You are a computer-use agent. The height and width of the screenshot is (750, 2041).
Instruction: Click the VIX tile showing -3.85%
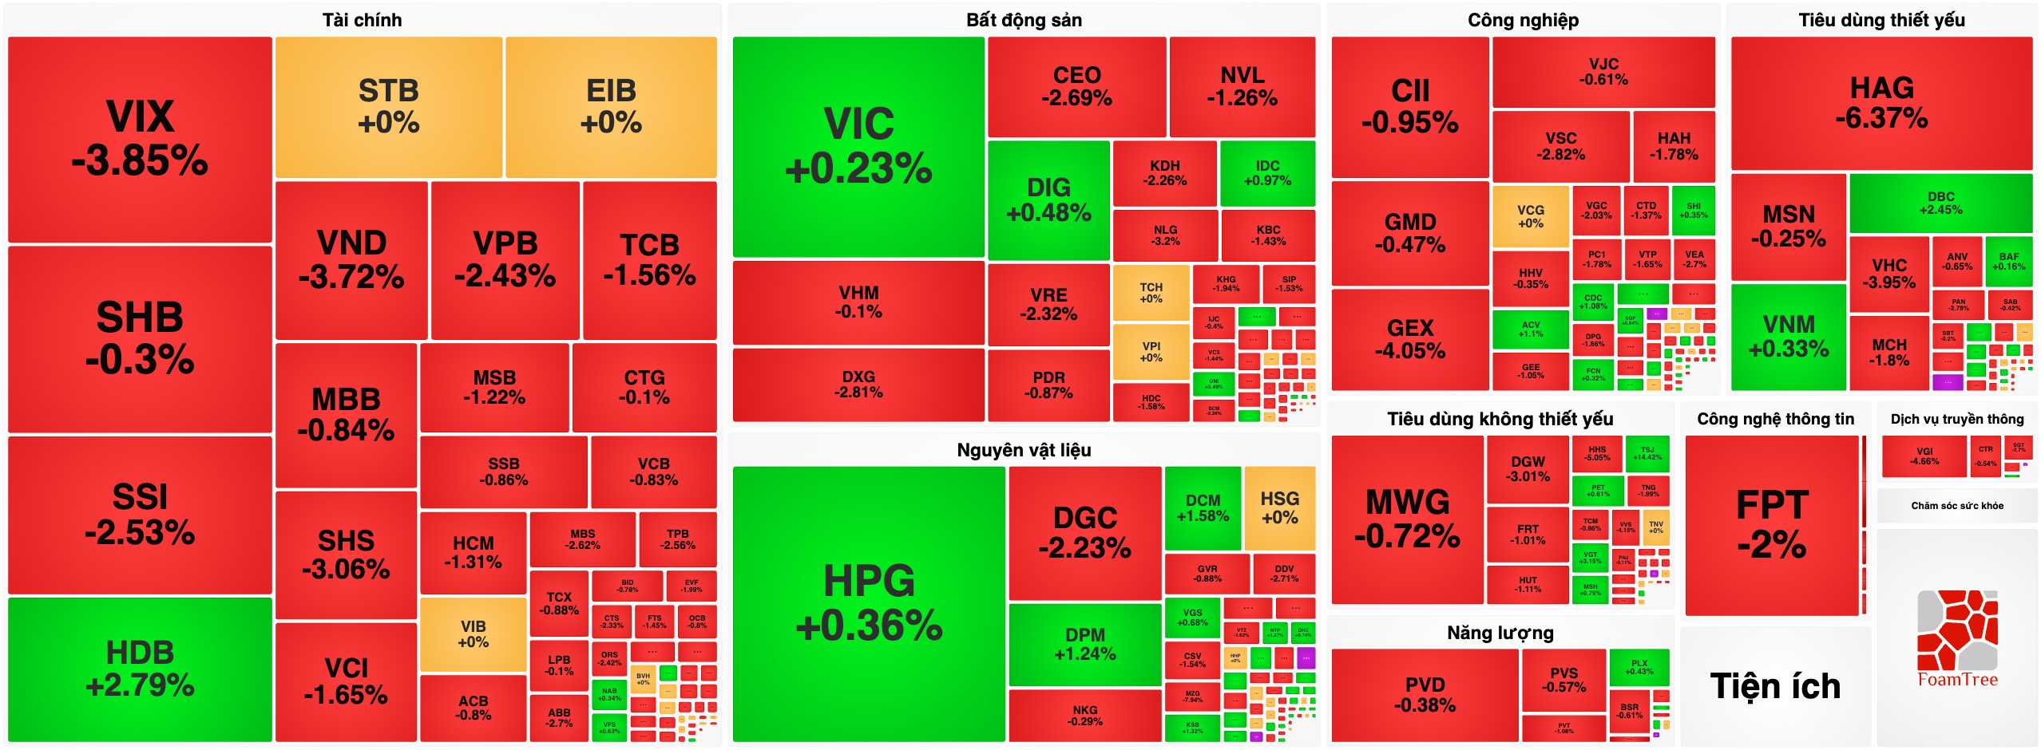click(x=140, y=139)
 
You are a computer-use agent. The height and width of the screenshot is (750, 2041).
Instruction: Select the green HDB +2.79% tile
click(x=140, y=669)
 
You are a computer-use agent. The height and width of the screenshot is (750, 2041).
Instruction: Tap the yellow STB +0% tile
click(x=388, y=107)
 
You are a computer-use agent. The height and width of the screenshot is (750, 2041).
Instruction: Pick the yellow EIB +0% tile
click(x=611, y=107)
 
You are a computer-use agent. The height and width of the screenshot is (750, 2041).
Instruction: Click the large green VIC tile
click(x=858, y=147)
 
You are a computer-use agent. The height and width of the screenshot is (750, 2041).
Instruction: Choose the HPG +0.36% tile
click(x=869, y=603)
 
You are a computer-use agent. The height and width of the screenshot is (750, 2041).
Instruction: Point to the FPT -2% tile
click(x=1772, y=525)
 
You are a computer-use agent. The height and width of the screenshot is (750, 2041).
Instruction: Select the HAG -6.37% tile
click(x=1881, y=103)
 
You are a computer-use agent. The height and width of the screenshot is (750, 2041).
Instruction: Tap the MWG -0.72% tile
click(x=1407, y=519)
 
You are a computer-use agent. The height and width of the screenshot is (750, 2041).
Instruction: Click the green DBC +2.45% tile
click(x=1940, y=203)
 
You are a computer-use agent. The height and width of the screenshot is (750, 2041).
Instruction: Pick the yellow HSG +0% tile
click(x=1279, y=507)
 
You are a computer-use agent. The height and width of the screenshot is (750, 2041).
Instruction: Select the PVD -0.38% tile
click(x=1425, y=694)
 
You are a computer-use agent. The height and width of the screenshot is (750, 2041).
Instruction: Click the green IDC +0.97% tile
click(x=1267, y=172)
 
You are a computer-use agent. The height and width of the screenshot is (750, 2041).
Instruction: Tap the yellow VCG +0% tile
click(x=1530, y=216)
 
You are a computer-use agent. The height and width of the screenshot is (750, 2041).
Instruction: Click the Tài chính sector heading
click(x=362, y=20)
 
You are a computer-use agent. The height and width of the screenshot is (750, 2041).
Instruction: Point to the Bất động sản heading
click(x=1024, y=20)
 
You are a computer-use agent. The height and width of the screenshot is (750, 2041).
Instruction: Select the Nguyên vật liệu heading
click(x=1024, y=450)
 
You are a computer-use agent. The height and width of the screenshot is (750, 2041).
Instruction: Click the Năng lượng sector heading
click(x=1500, y=633)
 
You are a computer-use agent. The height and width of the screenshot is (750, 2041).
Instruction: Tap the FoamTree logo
click(x=1957, y=638)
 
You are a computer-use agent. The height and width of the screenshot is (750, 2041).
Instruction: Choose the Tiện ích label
click(x=1775, y=686)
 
